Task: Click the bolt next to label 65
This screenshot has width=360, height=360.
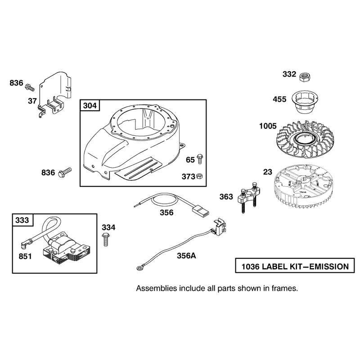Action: coord(200,159)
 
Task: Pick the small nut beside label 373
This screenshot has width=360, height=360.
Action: coord(199,176)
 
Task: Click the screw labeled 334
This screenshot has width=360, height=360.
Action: coord(105,239)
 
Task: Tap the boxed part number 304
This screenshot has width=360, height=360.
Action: coord(90,105)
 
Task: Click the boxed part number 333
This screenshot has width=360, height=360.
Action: coord(22,220)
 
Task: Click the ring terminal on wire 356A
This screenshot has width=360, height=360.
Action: coord(139,268)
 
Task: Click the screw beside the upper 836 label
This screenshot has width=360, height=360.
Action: coord(30,87)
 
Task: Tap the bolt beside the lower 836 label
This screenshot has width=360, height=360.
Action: coord(65,172)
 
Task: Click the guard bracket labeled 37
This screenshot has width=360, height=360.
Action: coord(55,94)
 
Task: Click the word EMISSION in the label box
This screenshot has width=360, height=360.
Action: coord(329,266)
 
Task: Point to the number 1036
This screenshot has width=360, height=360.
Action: coord(251,266)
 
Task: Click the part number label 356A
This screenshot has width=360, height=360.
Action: coord(186,256)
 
